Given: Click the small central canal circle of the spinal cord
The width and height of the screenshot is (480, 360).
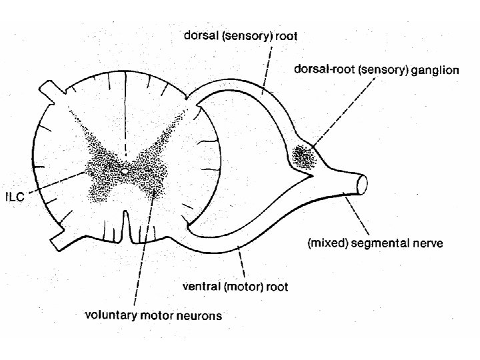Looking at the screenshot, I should point(125,173).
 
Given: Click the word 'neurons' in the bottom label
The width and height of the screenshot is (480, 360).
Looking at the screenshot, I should point(198,315).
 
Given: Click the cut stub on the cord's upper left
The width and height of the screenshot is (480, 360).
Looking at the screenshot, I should point(51,92).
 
